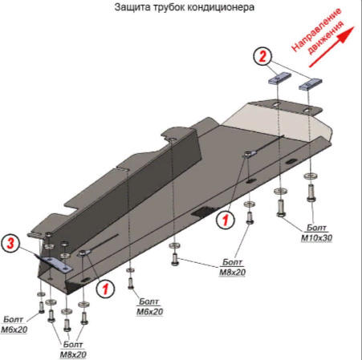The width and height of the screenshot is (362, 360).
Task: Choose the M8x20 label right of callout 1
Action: pos(232,267)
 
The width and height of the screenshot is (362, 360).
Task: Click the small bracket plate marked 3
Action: pos(55,264)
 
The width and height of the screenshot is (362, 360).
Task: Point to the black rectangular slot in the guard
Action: pos(202,211)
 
